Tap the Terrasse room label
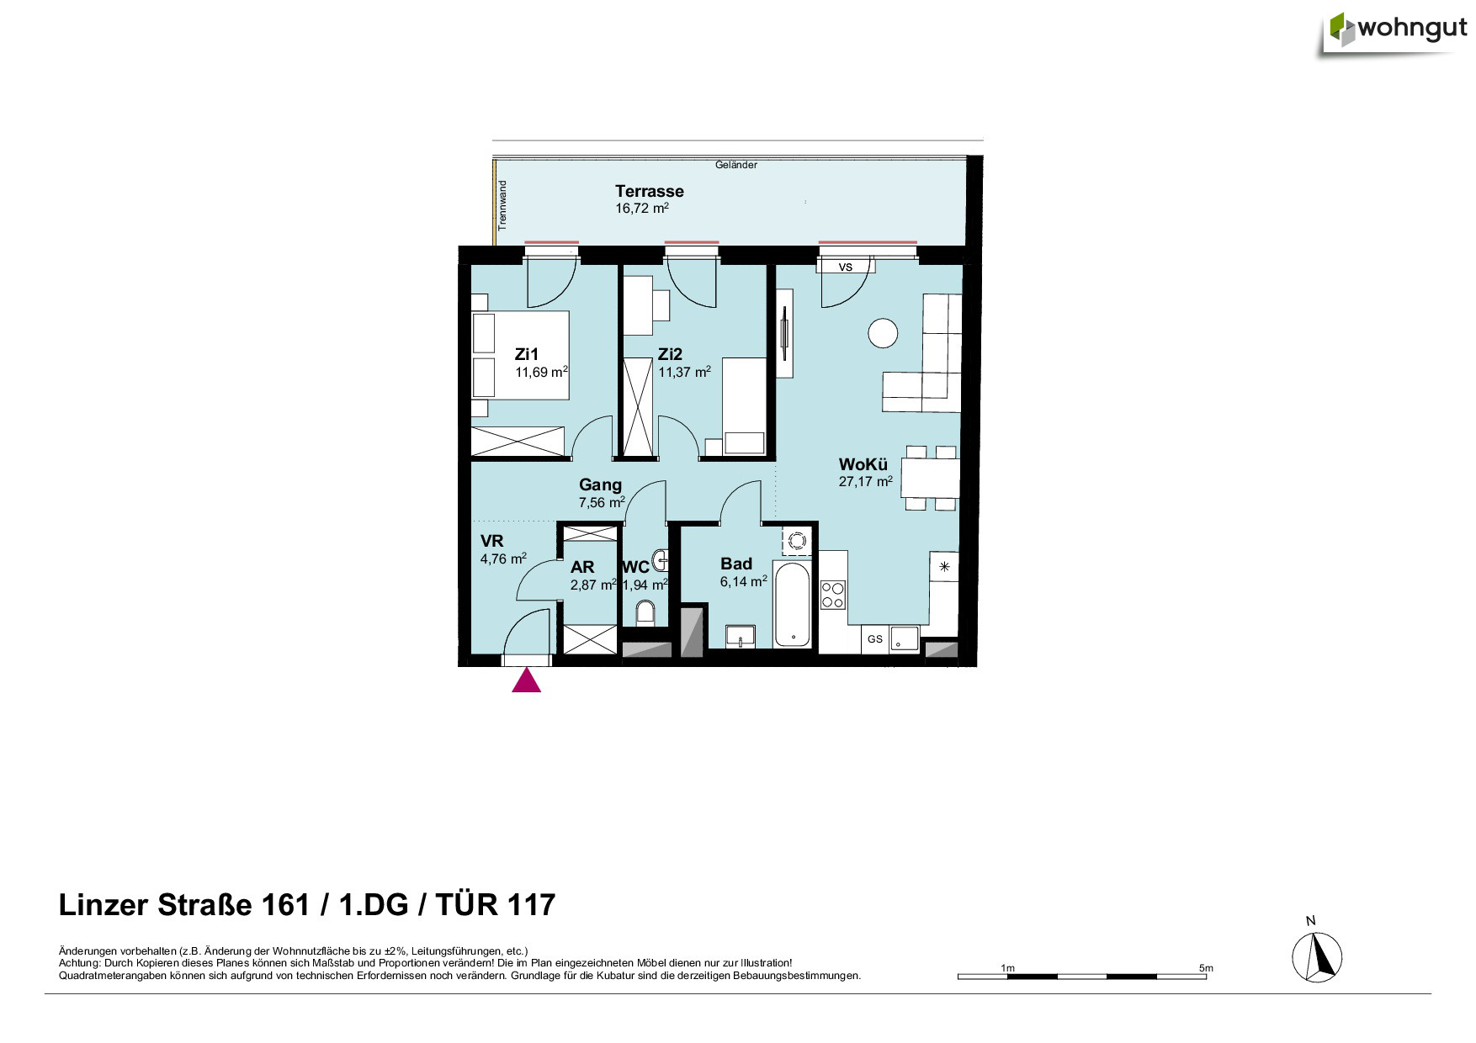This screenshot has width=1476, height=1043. coord(649,191)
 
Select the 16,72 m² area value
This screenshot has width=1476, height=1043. coord(641,208)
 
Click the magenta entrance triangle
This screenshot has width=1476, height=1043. coord(527,680)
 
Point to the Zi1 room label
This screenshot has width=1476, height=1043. coord(526,354)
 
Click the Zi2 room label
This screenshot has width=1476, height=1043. coord(670,354)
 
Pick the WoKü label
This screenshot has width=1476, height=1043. coord(863,464)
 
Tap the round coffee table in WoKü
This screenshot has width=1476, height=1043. coord(883,333)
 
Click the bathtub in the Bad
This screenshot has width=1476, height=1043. coord(793,605)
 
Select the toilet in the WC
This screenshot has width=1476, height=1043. coord(645,613)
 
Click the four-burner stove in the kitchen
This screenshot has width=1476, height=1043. coord(833,594)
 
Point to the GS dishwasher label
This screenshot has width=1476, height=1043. coord(875,639)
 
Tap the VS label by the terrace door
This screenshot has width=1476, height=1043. coord(846,267)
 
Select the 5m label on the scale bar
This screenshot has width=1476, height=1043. coord(1206,968)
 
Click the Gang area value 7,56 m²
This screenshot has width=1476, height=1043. coord(602,502)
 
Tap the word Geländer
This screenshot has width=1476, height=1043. coord(736,165)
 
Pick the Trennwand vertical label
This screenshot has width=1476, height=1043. coord(502,205)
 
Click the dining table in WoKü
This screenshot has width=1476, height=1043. coord(930,479)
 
